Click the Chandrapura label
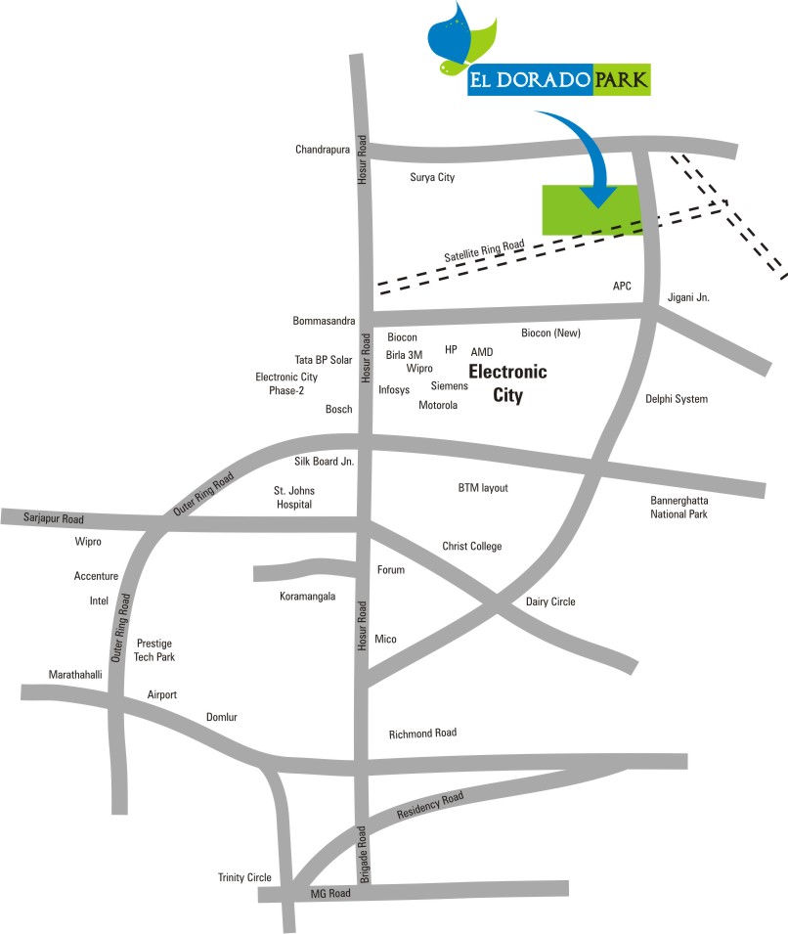pos(322,150)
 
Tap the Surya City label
pos(431,178)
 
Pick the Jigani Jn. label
pos(688,297)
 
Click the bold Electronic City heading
pos(507,383)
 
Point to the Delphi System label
pos(676,399)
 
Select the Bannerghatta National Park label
pos(679,507)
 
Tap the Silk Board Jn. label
pos(324,461)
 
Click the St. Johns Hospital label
pos(293,497)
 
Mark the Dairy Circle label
pos(550,602)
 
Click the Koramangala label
pos(309,594)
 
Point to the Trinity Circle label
pos(244,877)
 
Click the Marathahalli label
pos(75,675)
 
